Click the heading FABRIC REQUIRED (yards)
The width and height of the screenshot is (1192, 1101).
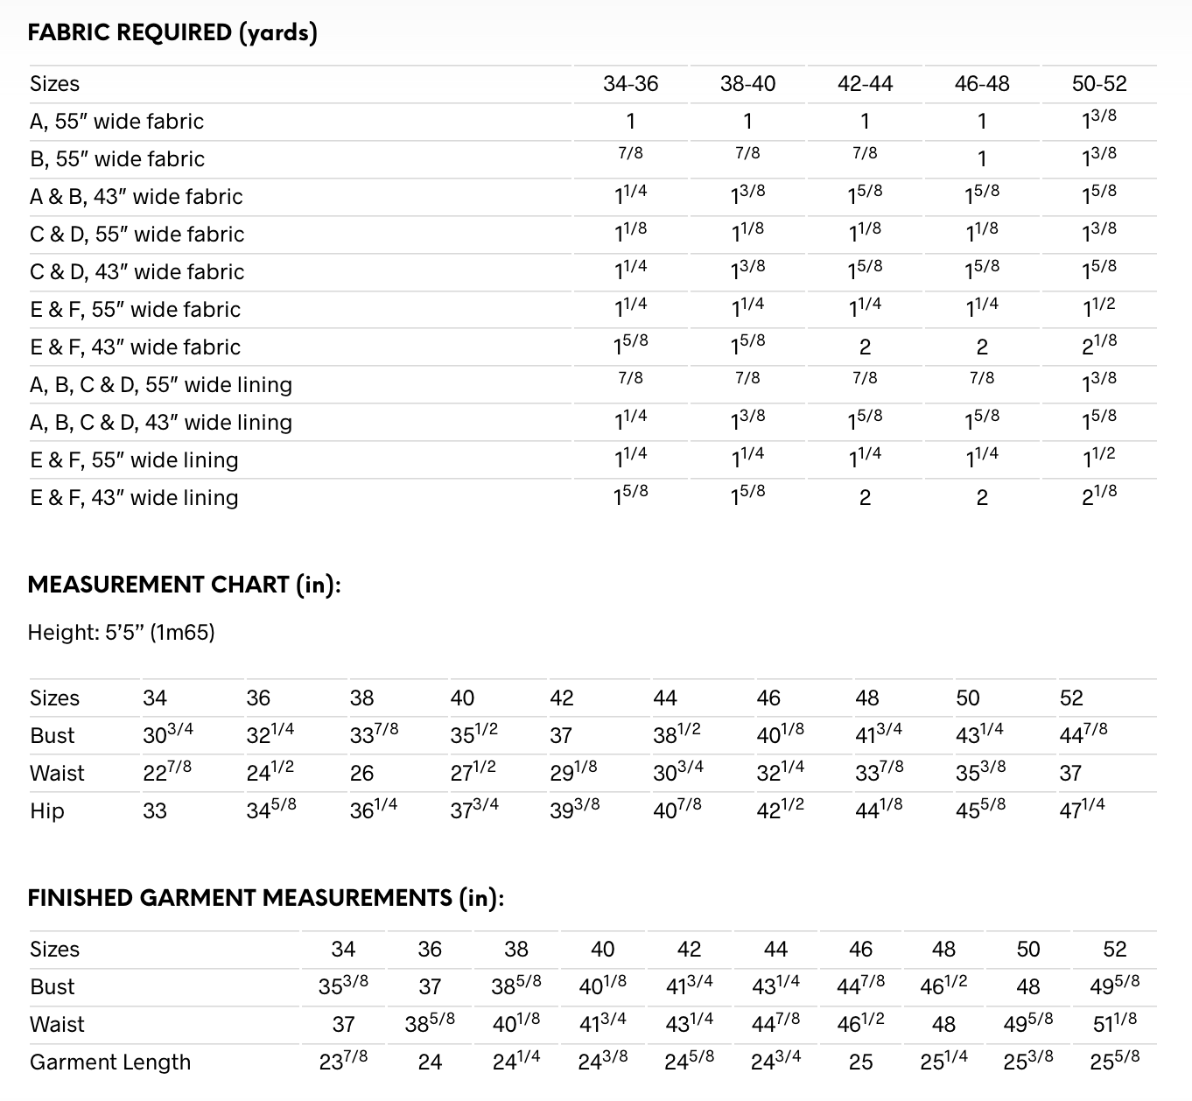(x=172, y=33)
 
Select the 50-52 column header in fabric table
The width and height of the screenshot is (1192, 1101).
(x=1098, y=84)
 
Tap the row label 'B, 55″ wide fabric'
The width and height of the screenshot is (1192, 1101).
(x=117, y=159)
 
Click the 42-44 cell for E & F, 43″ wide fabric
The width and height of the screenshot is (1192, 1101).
(x=865, y=347)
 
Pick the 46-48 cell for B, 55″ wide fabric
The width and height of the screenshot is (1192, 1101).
(x=982, y=159)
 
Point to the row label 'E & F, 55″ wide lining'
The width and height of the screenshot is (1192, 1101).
(x=134, y=460)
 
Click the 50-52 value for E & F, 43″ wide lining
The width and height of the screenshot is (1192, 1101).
(x=1098, y=496)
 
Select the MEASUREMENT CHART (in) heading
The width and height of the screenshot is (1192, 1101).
(x=184, y=585)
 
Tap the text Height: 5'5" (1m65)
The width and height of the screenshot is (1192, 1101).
(x=121, y=632)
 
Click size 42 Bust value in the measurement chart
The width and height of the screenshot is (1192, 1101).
(x=561, y=736)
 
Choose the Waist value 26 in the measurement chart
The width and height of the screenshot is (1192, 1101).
(x=361, y=774)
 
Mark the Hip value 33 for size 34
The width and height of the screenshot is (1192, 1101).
(x=155, y=811)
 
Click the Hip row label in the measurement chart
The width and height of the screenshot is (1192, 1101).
(x=47, y=811)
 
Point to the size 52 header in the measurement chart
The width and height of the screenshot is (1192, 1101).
(x=1070, y=698)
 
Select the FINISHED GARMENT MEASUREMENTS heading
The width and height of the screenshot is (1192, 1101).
(x=266, y=899)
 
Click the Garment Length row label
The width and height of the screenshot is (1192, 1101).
(x=110, y=1062)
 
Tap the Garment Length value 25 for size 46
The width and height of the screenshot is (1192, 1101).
(x=860, y=1062)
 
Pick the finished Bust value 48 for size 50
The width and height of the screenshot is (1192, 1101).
(x=1028, y=987)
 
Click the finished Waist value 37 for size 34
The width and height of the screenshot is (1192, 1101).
(x=343, y=1025)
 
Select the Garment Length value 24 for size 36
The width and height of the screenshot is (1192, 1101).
(x=430, y=1062)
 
